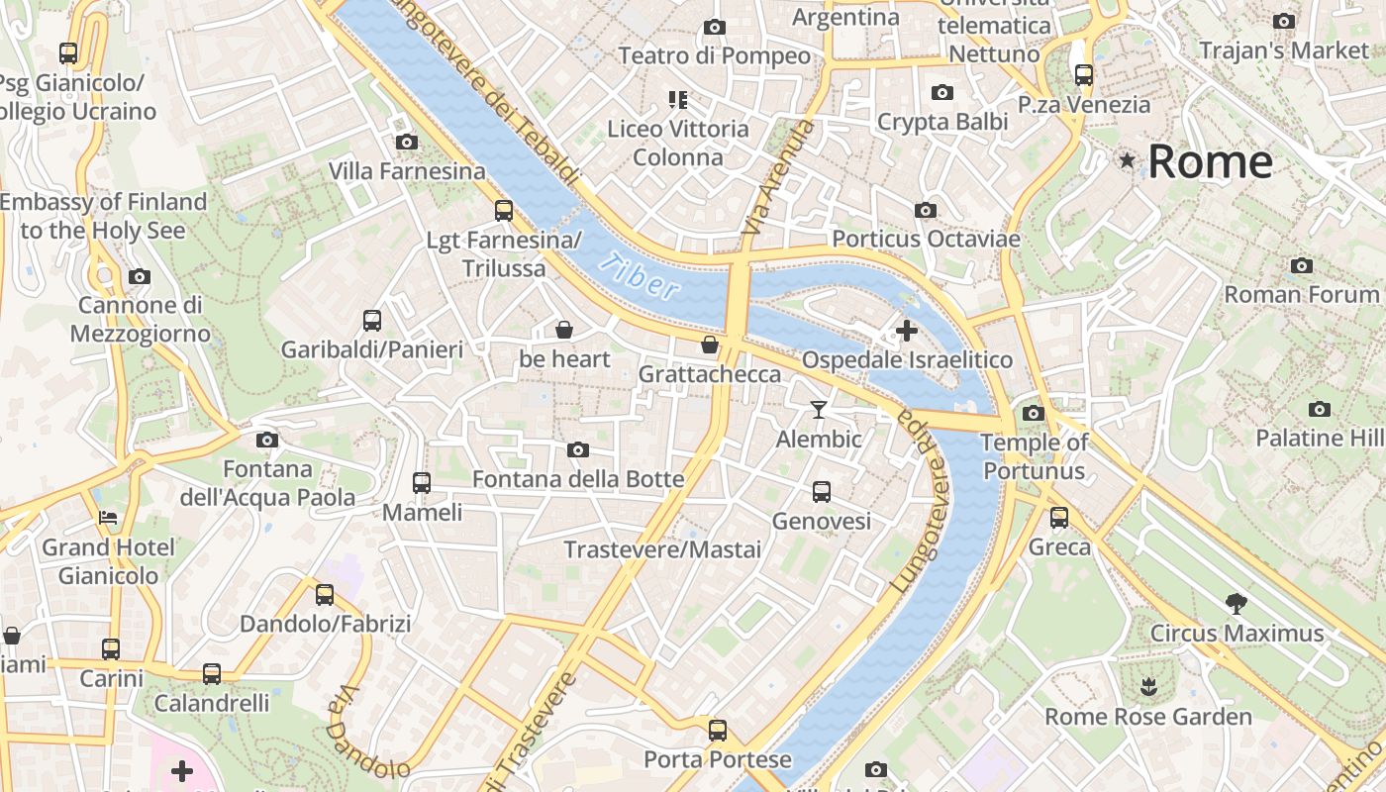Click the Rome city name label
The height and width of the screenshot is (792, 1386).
1210,161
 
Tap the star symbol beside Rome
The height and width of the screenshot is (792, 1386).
1127,160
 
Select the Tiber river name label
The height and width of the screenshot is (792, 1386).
641,276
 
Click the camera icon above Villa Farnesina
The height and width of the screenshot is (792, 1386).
406,143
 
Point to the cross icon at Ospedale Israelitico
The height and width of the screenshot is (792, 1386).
906,331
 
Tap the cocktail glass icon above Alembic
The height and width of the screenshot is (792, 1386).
819,409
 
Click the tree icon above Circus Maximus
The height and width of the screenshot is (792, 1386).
1236,603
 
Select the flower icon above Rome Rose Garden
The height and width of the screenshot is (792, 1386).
1148,686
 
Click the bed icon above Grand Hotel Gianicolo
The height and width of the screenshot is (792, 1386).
108,518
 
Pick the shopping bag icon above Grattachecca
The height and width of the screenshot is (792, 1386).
710,345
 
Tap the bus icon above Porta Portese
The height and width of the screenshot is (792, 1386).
718,731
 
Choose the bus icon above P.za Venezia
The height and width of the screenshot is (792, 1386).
1084,74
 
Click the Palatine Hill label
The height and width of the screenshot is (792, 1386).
1320,438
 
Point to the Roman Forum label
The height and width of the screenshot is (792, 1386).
1301,294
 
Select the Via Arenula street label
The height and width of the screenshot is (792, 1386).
778,178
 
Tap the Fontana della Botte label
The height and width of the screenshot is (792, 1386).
578,479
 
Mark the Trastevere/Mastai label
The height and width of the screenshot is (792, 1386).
662,549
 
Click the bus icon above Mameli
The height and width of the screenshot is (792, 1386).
422,483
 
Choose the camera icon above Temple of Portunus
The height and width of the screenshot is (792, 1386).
1034,413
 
